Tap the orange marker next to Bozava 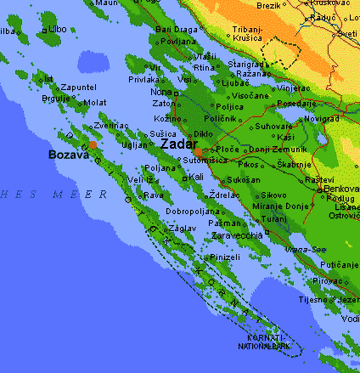coord(93,144)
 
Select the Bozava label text coord(67,155)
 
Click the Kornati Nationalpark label coord(262,342)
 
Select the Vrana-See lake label coord(301,250)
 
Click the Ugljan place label coord(137,146)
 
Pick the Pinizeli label coord(225,257)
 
